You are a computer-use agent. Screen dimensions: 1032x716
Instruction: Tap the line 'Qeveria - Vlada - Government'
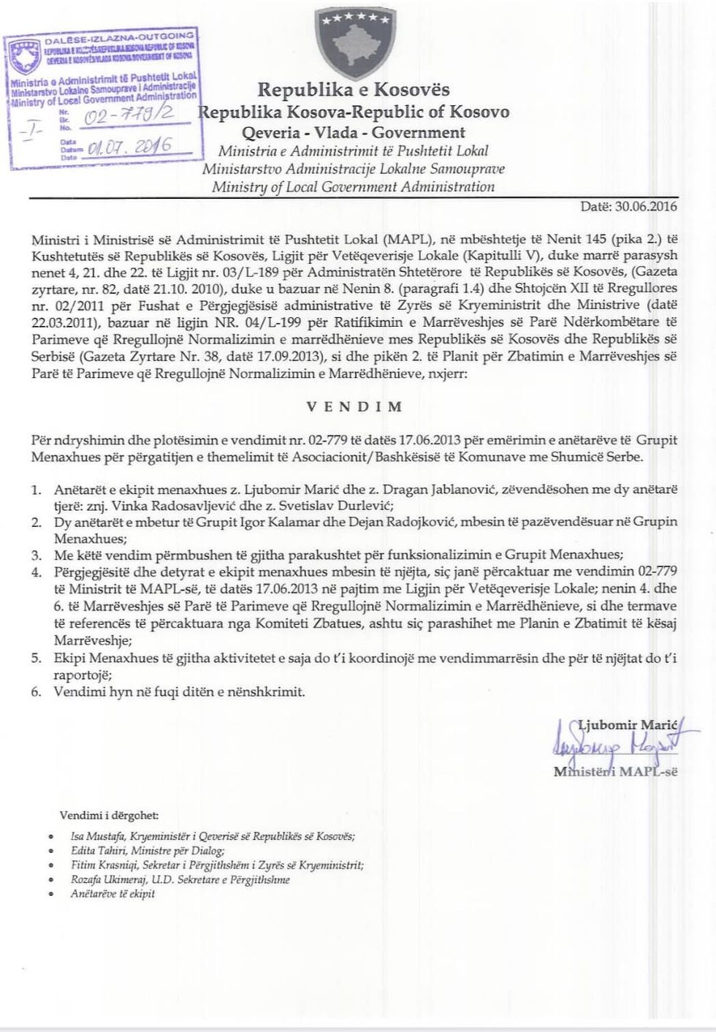pos(354,132)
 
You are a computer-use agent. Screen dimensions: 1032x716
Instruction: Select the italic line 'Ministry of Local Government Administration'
pos(354,186)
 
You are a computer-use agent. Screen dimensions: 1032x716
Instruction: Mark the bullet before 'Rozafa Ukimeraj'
pos(49,880)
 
